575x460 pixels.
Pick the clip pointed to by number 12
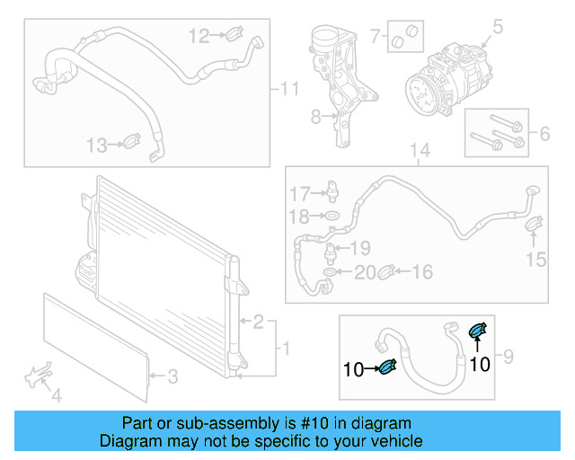click(232, 36)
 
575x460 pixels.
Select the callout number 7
click(376, 37)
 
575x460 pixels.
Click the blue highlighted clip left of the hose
click(388, 367)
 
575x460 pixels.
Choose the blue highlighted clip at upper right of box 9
click(479, 332)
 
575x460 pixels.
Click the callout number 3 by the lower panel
click(173, 376)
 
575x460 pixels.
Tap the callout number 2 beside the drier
click(258, 321)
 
